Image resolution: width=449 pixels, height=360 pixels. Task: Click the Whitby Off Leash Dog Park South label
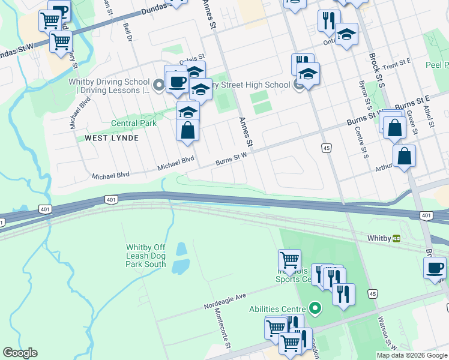[146, 256]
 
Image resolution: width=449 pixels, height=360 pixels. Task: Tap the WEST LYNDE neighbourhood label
[112, 138]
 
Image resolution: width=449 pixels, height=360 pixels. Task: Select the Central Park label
[134, 123]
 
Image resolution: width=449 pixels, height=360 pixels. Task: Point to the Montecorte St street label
[223, 332]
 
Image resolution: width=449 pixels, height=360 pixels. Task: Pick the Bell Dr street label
[127, 34]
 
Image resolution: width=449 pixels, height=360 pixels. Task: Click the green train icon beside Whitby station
[396, 238]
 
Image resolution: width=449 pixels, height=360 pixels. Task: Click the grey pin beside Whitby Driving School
[158, 86]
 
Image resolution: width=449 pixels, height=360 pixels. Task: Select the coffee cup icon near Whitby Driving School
[177, 81]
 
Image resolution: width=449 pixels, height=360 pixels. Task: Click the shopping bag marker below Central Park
[188, 130]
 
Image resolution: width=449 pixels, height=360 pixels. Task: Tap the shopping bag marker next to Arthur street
[405, 156]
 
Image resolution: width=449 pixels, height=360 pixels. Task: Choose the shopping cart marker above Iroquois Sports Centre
[290, 260]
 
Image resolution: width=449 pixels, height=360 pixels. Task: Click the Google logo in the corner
[20, 353]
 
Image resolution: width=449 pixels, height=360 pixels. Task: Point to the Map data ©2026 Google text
[412, 355]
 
